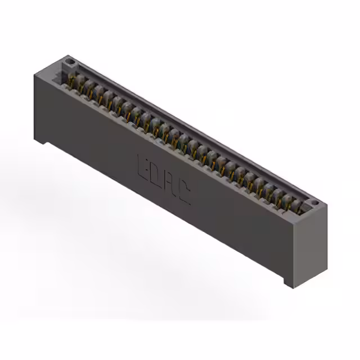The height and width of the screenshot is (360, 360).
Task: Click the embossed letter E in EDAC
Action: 143,165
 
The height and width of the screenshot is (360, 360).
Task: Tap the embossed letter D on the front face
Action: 157,175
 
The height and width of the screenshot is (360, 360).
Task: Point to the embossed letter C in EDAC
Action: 184,195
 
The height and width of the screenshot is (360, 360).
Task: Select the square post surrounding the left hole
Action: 69,63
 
